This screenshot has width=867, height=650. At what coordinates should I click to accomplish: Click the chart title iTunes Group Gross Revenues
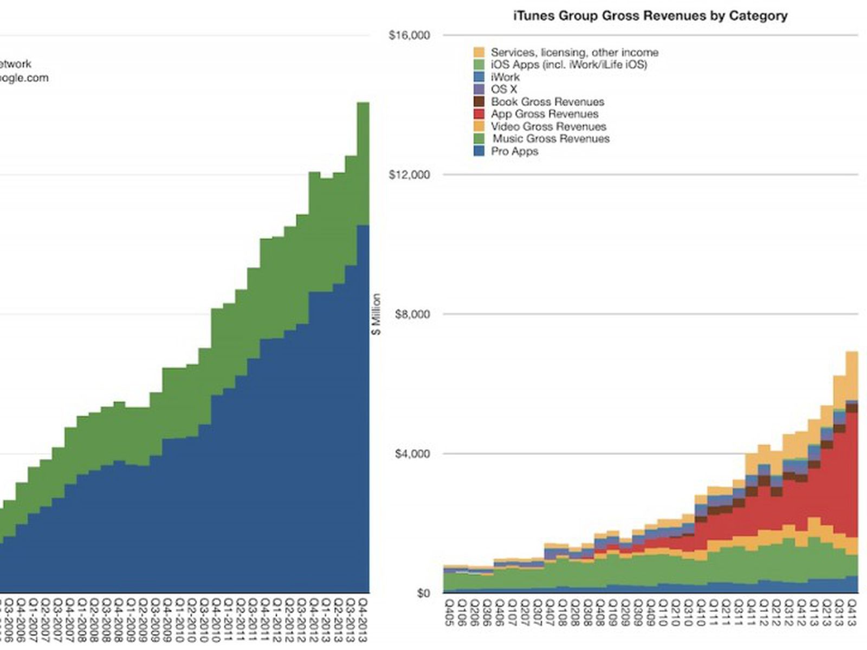[x=650, y=16]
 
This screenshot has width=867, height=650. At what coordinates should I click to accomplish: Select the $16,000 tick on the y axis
[x=409, y=36]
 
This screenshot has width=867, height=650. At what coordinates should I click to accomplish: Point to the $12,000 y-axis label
[x=409, y=175]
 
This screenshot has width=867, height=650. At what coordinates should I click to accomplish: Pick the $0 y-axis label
[x=423, y=593]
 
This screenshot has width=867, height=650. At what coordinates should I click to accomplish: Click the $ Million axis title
[x=377, y=314]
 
